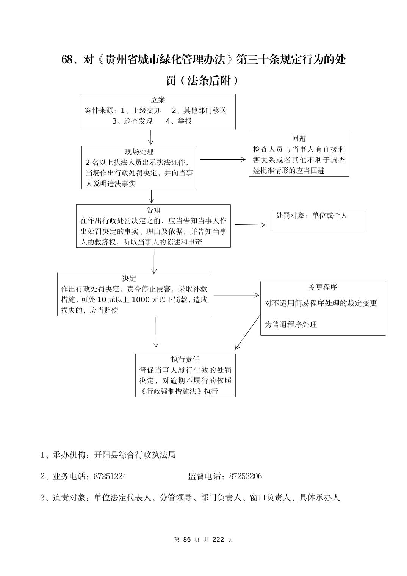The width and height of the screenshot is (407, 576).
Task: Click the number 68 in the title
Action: [x=67, y=60]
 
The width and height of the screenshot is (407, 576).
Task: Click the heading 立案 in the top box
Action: [x=158, y=100]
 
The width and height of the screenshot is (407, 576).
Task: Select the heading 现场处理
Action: [x=139, y=152]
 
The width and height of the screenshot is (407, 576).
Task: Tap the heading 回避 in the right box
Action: [x=299, y=139]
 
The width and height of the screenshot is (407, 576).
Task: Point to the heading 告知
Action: [x=153, y=210]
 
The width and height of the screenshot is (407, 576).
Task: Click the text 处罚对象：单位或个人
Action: [x=312, y=216]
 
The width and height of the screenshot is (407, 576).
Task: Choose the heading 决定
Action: [x=129, y=278]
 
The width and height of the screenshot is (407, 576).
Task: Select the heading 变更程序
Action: [x=323, y=287]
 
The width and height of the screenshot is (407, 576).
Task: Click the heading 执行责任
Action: [x=185, y=359]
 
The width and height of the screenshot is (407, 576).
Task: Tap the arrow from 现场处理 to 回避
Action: [x=223, y=160]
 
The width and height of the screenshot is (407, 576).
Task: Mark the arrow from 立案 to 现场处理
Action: [x=151, y=137]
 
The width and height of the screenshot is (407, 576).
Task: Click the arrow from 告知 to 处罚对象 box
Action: [x=250, y=225]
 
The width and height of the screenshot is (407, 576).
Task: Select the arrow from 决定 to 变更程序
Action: [x=236, y=295]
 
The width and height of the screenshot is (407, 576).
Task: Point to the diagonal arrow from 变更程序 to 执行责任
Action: [x=248, y=332]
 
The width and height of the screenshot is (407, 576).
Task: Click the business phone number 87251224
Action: [x=110, y=476]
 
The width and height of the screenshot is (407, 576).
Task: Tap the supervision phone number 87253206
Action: [x=245, y=476]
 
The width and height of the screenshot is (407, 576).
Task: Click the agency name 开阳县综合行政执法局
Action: [x=135, y=455]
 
